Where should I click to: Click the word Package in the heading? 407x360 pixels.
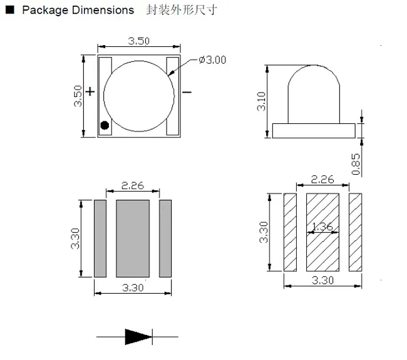pos(41,11)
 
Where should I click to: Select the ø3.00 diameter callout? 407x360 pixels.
pos(212,60)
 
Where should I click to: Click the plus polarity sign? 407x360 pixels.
pos(90,92)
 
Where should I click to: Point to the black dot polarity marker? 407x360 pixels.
pos(105,125)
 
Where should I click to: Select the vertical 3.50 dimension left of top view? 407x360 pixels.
pos(78,95)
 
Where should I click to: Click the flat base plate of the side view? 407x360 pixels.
pos(313,130)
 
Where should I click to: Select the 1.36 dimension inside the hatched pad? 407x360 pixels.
pos(322,227)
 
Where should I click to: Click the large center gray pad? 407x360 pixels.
pos(133,238)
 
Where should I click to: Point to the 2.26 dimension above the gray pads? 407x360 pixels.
pos(133,185)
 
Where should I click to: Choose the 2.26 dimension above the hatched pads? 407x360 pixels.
pos(322,179)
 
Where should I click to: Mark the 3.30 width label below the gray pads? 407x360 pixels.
pos(133,288)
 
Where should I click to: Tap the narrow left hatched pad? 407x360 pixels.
pos(290,232)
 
